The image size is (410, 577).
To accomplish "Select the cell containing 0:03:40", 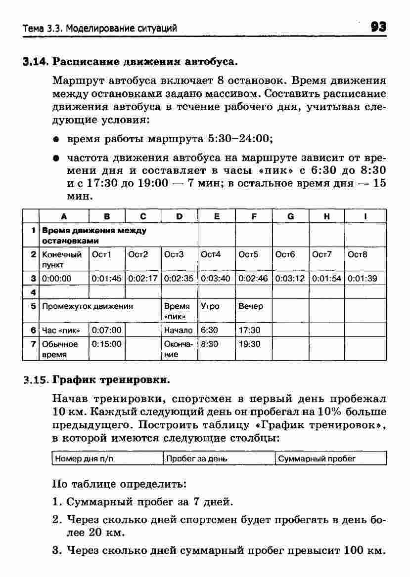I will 216,278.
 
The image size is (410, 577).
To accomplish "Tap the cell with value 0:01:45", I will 106,278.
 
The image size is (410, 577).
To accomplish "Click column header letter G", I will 290,215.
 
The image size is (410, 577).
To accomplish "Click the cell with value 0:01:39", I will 362,278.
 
